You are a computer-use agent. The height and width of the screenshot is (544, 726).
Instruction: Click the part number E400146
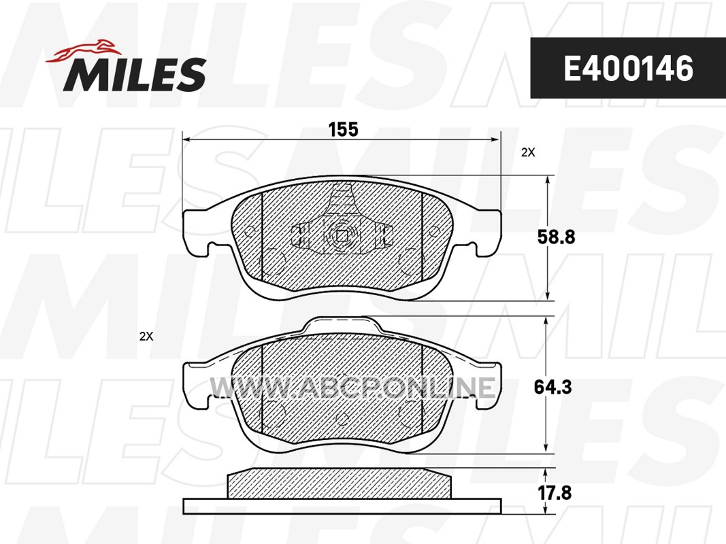click(x=628, y=69)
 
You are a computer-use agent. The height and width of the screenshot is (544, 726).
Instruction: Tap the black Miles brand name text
click(x=134, y=75)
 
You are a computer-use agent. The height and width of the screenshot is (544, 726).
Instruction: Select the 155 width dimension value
click(x=343, y=129)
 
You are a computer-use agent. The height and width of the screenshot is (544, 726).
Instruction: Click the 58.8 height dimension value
click(x=556, y=237)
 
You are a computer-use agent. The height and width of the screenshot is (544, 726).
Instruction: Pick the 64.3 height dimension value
click(x=552, y=387)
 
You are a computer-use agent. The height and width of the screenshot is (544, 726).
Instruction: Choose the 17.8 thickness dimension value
click(x=555, y=492)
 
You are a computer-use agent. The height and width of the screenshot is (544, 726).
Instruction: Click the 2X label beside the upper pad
click(x=528, y=152)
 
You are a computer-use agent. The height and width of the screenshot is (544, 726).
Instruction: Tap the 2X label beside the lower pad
click(x=146, y=337)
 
